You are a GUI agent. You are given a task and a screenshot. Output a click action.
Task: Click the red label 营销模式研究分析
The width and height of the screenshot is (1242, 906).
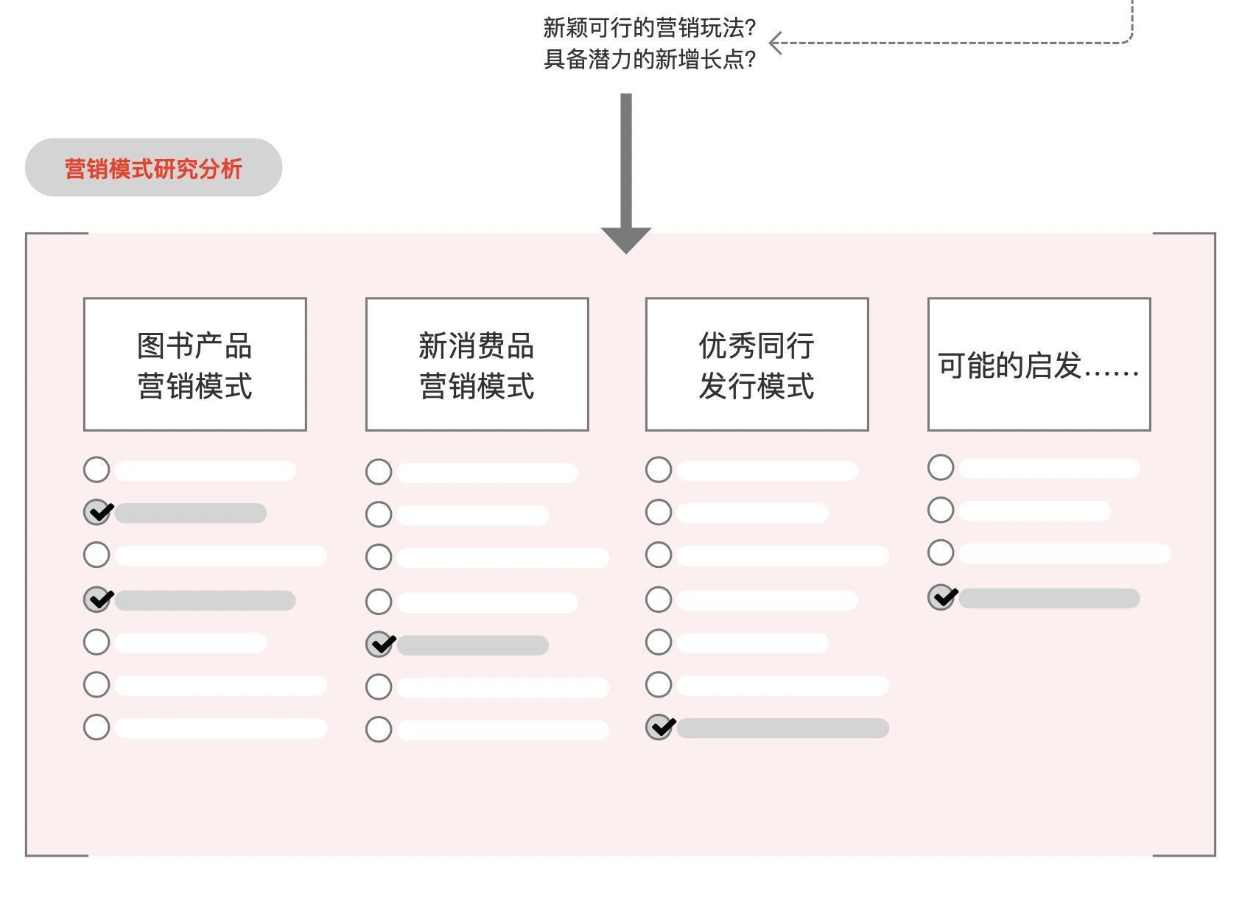click(x=153, y=169)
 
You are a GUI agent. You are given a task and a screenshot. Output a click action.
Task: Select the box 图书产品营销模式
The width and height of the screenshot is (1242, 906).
click(x=194, y=365)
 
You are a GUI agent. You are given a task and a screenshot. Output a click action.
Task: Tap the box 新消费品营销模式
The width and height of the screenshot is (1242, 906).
click(x=477, y=365)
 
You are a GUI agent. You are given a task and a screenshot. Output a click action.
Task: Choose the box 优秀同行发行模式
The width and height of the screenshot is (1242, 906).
click(x=757, y=365)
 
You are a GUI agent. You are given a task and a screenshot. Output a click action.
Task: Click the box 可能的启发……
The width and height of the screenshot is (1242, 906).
click(x=1039, y=365)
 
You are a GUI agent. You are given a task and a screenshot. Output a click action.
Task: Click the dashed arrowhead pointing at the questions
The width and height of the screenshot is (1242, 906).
click(x=775, y=43)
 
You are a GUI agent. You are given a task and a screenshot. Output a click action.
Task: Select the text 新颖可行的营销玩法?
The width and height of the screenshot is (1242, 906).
click(x=650, y=28)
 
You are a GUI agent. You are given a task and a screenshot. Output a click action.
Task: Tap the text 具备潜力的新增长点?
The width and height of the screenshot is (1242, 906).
click(x=650, y=60)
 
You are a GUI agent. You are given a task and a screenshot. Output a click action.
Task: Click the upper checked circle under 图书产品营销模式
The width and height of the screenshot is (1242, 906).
click(x=97, y=512)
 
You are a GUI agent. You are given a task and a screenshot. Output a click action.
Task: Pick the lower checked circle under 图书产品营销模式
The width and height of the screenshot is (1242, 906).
click(x=97, y=600)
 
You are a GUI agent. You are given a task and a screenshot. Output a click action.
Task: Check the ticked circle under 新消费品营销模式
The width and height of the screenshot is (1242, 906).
click(x=379, y=645)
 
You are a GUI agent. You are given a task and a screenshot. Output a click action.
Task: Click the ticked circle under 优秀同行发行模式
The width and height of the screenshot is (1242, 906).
click(x=659, y=727)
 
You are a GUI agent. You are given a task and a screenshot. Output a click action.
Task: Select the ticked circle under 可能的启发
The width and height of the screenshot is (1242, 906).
click(x=941, y=597)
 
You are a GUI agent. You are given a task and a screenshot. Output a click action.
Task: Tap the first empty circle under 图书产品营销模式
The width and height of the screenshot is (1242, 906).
click(x=97, y=470)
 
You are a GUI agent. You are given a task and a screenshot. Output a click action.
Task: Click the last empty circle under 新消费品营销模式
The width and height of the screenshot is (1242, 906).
click(x=379, y=730)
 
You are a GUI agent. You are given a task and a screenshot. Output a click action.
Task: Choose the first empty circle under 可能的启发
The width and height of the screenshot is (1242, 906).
click(x=941, y=468)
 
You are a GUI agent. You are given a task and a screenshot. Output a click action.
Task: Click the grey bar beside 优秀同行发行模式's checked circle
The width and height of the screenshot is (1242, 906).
click(x=783, y=728)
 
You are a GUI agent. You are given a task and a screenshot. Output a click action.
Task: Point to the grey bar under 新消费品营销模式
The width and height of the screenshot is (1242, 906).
click(x=473, y=645)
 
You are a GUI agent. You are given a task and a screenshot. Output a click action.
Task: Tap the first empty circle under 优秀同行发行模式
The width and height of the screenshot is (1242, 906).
click(x=659, y=470)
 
